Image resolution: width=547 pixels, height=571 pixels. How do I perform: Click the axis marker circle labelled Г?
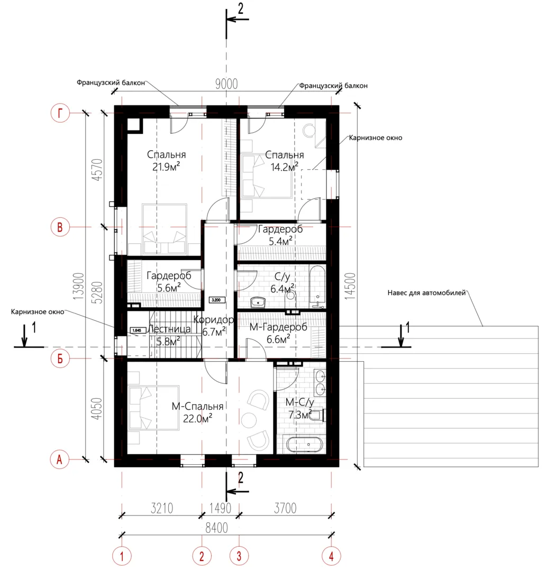point(60,113)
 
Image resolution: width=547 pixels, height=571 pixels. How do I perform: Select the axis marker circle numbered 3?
point(239,556)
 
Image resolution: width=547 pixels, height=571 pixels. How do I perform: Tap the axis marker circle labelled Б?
point(60,358)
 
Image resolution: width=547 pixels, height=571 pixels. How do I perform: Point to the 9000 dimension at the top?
point(226,84)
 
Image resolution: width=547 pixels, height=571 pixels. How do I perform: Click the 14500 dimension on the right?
point(350,286)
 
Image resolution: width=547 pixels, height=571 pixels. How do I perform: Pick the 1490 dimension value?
point(220,508)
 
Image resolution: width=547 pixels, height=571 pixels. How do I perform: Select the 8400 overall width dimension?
point(216,528)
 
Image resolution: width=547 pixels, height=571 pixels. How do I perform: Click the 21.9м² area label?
point(166,167)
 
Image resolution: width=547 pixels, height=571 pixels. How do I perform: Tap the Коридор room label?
point(214,320)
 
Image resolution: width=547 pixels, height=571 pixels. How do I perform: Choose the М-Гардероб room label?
point(278,327)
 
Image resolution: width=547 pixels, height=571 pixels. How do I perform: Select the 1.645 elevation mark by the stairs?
point(137,330)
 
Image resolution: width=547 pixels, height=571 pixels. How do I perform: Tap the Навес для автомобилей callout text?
point(426,293)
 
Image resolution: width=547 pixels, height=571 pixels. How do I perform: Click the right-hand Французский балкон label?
point(333,86)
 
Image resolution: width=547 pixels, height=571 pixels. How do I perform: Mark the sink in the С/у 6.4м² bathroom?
point(258,302)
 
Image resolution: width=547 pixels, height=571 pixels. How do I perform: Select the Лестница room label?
point(169,329)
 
